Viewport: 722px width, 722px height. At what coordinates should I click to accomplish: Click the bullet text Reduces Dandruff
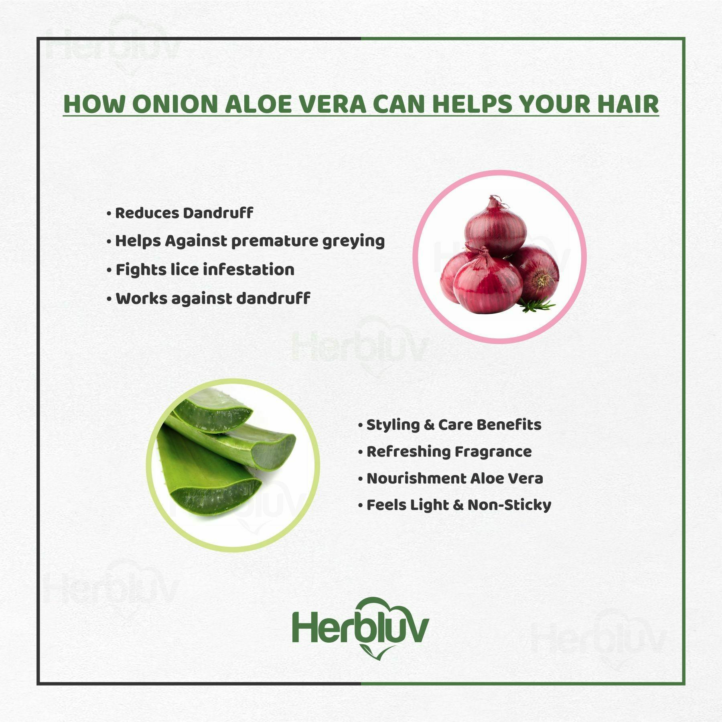pyautogui.click(x=180, y=213)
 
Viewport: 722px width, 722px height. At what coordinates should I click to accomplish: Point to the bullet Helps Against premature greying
pyautogui.click(x=245, y=241)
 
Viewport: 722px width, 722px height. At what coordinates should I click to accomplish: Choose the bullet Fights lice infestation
pyautogui.click(x=201, y=269)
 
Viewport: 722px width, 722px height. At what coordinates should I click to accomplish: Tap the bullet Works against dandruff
pyautogui.click(x=209, y=298)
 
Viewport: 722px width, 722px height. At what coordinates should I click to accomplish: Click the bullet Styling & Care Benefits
pyautogui.click(x=450, y=425)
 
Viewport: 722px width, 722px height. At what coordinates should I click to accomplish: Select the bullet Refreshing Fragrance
pyautogui.click(x=445, y=451)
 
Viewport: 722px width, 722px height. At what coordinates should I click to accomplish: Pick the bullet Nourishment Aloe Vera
pyautogui.click(x=450, y=478)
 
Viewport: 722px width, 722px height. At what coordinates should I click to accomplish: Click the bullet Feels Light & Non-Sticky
pyautogui.click(x=454, y=505)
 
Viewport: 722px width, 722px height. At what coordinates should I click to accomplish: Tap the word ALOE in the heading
pyautogui.click(x=261, y=104)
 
